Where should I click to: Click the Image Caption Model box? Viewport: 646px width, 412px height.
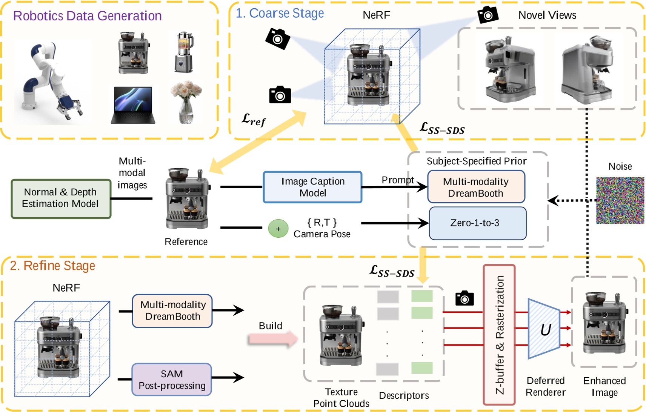point(312,187)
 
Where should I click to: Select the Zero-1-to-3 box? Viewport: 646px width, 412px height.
point(477,223)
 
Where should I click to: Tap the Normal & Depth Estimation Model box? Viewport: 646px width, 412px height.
point(61,198)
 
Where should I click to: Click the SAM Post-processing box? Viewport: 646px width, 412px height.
point(172,380)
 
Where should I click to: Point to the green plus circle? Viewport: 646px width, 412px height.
point(278,229)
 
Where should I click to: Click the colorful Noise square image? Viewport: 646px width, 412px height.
point(620,200)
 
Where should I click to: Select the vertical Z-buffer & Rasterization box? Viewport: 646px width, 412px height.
point(499,334)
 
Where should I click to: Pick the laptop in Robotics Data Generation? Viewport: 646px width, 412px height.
point(133,105)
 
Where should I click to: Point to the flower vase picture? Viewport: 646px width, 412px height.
point(186,102)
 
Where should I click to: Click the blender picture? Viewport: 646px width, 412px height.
point(184,52)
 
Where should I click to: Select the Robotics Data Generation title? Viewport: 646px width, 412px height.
point(87,16)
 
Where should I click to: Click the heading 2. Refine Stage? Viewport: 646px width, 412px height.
point(52,266)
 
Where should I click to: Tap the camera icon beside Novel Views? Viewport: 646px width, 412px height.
point(488,15)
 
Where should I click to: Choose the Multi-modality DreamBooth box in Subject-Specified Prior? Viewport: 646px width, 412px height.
point(476,187)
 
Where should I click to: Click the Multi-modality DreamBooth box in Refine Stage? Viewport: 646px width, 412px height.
point(172,311)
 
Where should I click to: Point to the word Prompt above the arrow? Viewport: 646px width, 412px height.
point(398,180)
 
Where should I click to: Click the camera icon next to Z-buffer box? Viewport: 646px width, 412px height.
point(465,298)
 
